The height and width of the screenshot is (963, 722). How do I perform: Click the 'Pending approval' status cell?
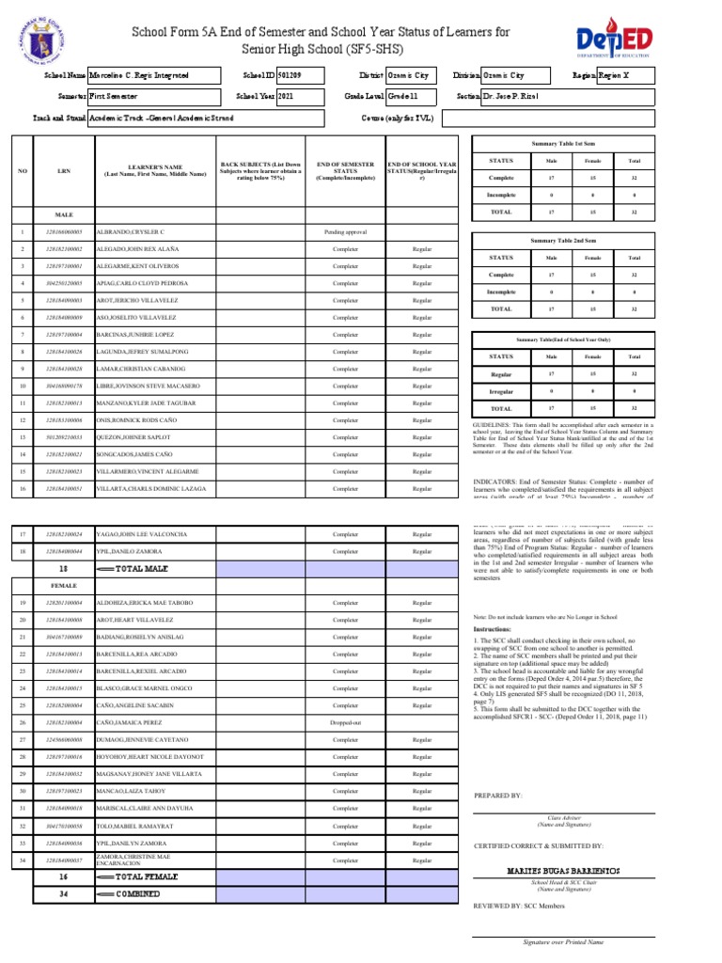coord(344,231)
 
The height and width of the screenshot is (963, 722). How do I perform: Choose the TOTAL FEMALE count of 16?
coord(63,876)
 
